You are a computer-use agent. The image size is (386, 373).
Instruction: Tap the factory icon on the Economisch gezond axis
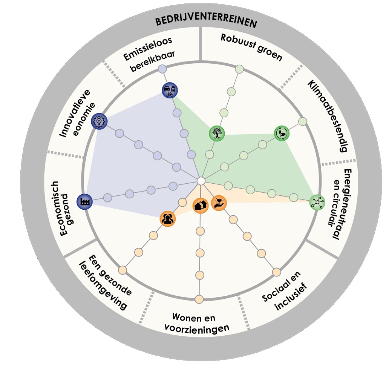84,202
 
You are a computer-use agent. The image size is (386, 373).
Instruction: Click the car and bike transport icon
169,90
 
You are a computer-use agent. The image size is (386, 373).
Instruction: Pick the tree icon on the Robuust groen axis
217,133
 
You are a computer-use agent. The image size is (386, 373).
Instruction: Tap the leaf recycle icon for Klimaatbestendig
281,133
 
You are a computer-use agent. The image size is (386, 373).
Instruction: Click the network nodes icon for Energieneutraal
317,202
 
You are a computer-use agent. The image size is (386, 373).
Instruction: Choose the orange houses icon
200,206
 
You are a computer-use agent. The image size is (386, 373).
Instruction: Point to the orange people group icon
167,218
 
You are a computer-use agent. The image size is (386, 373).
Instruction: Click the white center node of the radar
201,181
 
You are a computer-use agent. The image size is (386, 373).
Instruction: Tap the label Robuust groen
251,48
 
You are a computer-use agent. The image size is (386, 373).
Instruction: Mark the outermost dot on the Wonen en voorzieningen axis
199,299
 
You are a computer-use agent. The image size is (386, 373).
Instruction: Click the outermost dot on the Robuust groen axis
239,69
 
